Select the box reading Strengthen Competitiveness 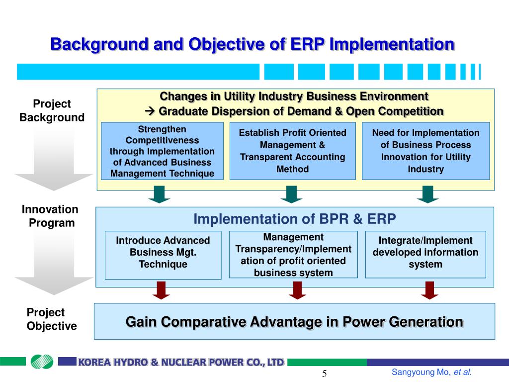point(162,151)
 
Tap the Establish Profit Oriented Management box point(292,151)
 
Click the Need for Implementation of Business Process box point(425,151)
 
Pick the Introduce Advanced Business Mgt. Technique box point(163,252)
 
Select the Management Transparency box point(293,255)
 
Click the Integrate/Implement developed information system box point(425,252)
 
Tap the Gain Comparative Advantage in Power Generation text point(294,322)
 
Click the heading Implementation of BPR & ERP point(294,219)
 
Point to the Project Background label point(52,110)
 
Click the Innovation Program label point(50,216)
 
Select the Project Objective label point(51,319)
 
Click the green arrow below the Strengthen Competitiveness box point(159,194)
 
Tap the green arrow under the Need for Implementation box point(427,194)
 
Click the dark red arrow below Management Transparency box point(297,290)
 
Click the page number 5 point(324,374)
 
